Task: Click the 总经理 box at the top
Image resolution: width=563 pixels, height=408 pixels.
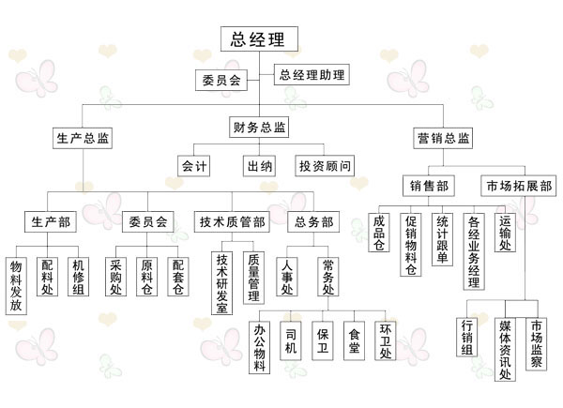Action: tap(259, 39)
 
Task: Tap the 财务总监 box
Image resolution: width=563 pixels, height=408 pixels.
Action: tap(259, 127)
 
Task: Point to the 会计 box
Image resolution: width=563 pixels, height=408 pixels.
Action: tap(194, 166)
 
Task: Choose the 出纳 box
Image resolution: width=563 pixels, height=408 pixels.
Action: tap(260, 166)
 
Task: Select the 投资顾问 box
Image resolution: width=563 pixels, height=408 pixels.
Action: tap(325, 166)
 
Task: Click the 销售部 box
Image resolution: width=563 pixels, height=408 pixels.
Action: tap(432, 186)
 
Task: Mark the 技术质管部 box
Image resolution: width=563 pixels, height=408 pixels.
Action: tap(231, 222)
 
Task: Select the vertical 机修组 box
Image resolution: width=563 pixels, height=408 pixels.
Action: tap(79, 278)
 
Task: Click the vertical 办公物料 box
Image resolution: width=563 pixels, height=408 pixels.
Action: tap(260, 346)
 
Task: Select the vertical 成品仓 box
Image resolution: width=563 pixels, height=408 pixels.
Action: tap(379, 234)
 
